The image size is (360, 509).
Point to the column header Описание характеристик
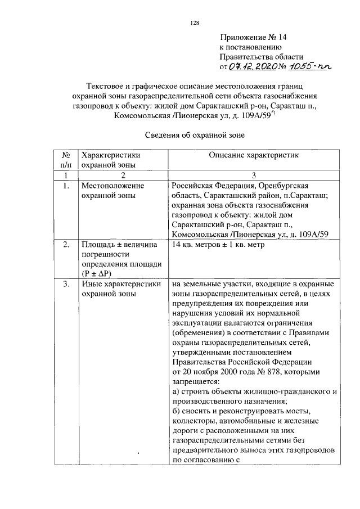(255, 155)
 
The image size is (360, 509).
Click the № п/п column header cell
(66, 160)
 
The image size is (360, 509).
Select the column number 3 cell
(254, 175)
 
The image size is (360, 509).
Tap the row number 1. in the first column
(66, 185)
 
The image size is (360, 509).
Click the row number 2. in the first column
(66, 245)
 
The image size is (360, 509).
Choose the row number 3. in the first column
(66, 284)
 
